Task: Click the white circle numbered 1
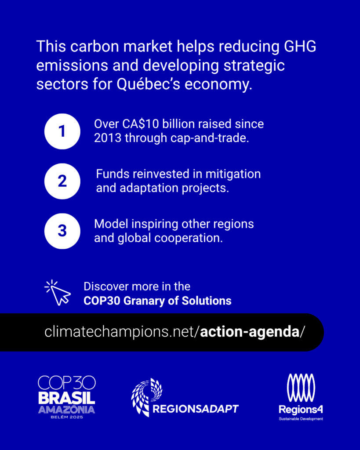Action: tap(62, 131)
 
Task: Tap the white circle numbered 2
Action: tap(62, 181)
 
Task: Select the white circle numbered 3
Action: tap(62, 231)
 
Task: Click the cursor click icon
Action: tap(58, 293)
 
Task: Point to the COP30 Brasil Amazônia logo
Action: tap(67, 397)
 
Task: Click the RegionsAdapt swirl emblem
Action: tap(147, 397)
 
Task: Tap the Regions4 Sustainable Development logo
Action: tap(301, 397)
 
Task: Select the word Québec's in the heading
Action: tap(149, 84)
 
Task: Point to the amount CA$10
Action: tap(141, 124)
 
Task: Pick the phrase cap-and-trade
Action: tap(210, 138)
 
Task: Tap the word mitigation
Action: tap(233, 174)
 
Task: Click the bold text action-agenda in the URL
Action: tap(250, 332)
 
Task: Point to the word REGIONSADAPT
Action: tap(196, 409)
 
